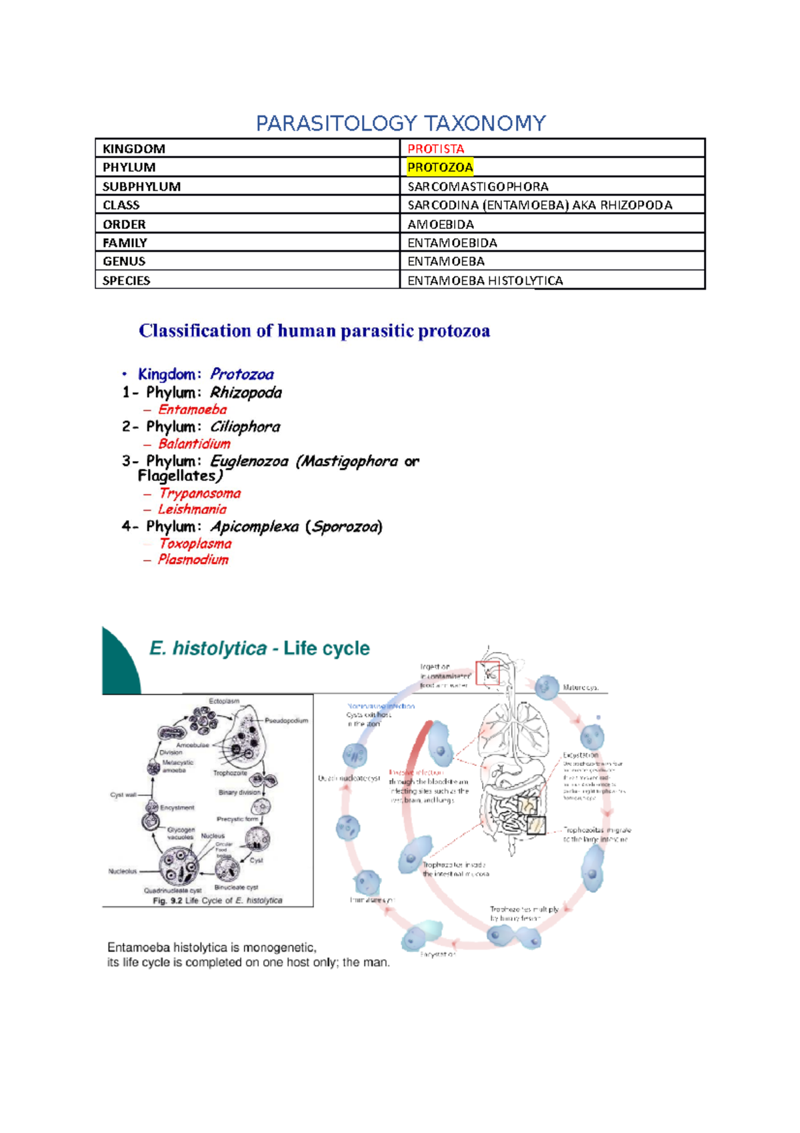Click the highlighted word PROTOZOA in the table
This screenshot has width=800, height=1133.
[440, 167]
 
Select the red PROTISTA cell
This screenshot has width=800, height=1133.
[436, 149]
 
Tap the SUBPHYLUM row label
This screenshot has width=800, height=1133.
[141, 187]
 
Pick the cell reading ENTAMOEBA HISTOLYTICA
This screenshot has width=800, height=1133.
[485, 281]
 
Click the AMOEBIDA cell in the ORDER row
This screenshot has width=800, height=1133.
[441, 225]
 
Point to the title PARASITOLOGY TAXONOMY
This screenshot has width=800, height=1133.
[401, 123]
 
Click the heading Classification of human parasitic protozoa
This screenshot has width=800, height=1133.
[314, 331]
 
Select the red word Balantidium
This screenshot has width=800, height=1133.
[194, 444]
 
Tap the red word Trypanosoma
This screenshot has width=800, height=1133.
[199, 494]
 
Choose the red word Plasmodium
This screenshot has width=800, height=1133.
[193, 560]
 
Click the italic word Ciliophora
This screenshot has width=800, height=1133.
[245, 427]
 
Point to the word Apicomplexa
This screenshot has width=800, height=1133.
[255, 527]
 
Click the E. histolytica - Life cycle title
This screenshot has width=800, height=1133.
[259, 649]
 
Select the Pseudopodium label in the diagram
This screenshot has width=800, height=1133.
[287, 721]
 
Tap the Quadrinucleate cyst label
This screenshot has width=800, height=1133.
[173, 890]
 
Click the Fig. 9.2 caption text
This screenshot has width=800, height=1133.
[217, 901]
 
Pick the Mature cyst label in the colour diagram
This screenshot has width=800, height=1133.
[581, 687]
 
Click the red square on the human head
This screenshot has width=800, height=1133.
[487, 673]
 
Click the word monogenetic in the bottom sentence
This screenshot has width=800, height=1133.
[279, 948]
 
